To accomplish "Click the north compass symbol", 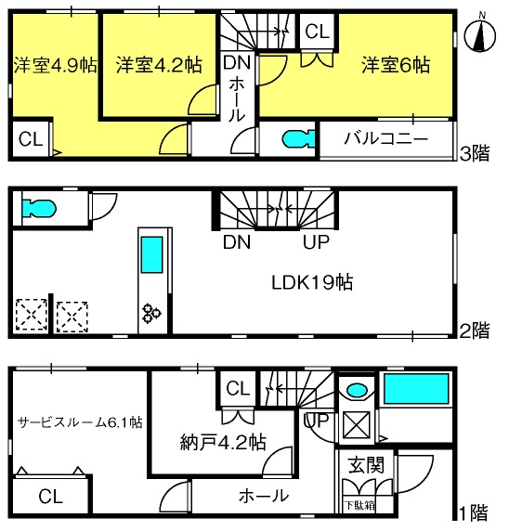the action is (479, 34).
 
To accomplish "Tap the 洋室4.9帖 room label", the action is (55, 65).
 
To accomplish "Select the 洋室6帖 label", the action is (396, 65).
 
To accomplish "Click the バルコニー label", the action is (385, 138).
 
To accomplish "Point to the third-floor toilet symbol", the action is (298, 139).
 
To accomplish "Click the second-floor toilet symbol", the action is (39, 209).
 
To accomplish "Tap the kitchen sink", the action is (151, 254).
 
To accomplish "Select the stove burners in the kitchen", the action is (151, 314).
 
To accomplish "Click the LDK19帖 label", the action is (312, 282).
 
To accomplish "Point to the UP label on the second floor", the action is (316, 241).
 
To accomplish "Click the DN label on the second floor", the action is (237, 241).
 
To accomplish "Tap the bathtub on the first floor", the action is (416, 389).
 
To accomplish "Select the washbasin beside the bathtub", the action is (358, 390).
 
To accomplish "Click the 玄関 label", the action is (366, 465).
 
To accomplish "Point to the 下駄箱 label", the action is (359, 506).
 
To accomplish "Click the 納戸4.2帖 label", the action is (223, 442).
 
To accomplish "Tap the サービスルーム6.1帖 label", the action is (80, 422).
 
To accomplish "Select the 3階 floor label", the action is (475, 153).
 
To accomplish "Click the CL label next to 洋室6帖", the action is (317, 32).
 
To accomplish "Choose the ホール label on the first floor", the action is (264, 497).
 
